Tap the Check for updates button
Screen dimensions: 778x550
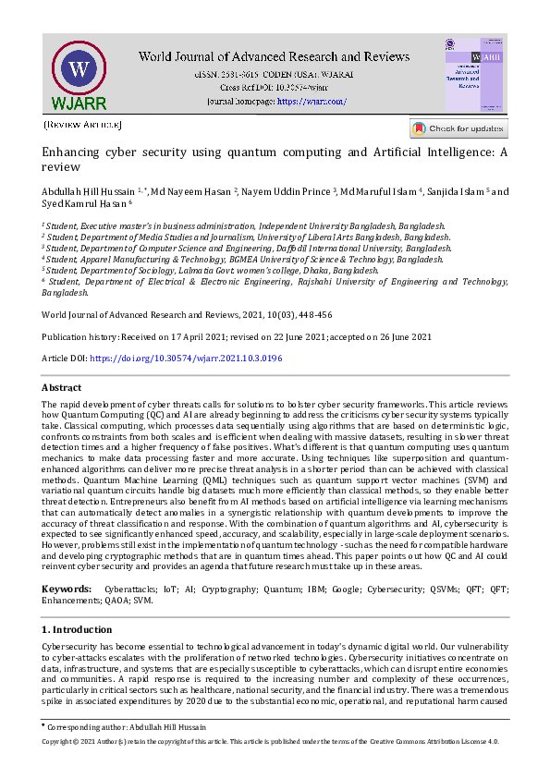[x=458, y=128]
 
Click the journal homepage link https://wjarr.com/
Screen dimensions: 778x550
[x=312, y=101]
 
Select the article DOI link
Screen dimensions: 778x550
[x=185, y=358]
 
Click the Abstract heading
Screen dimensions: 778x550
[x=62, y=388]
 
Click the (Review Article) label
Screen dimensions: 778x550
[x=81, y=124]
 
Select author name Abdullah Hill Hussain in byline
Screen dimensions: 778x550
[x=87, y=191]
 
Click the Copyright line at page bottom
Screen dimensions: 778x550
[x=270, y=741]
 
